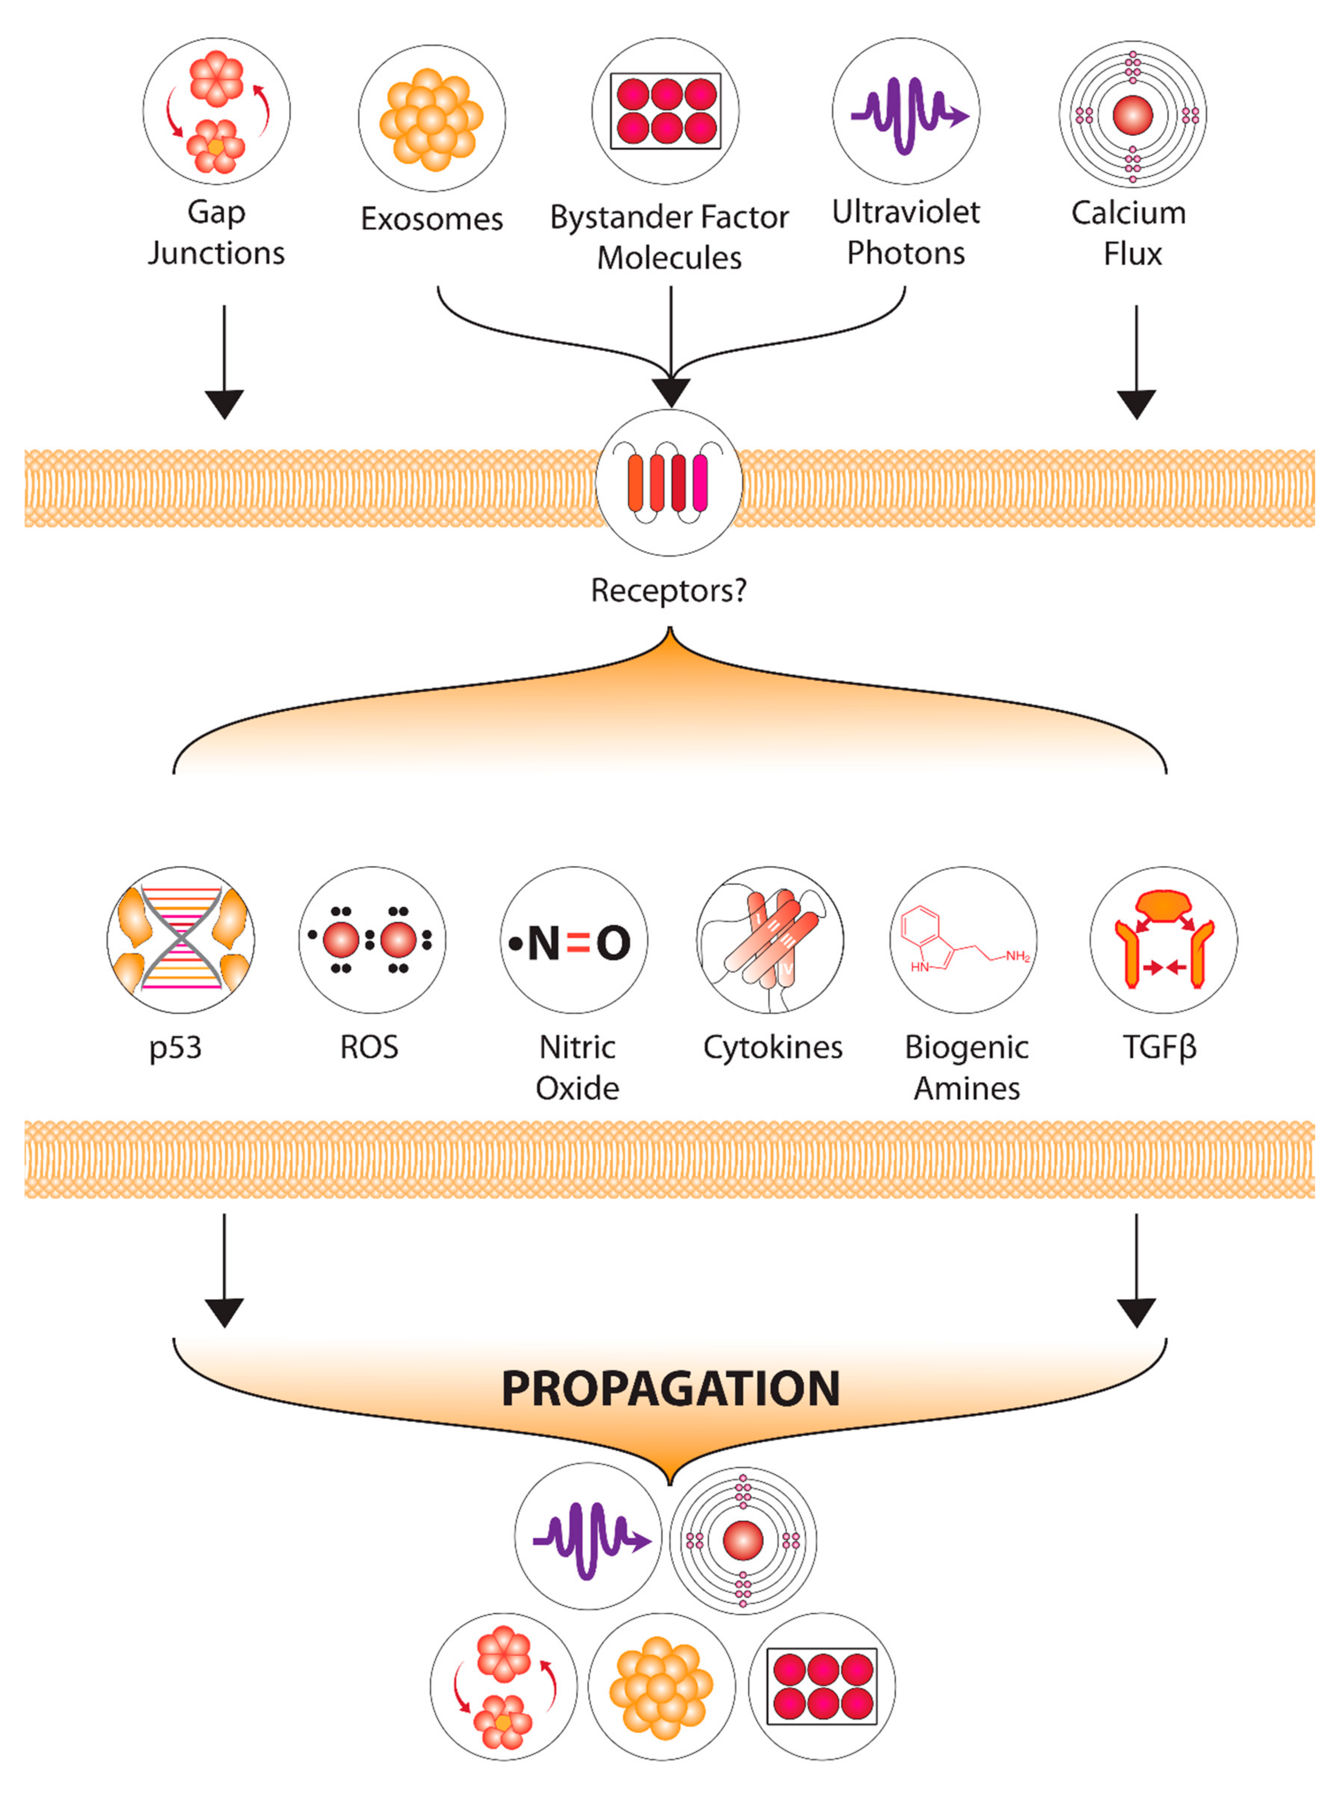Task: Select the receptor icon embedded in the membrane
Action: tap(668, 483)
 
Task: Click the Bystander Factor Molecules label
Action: tap(670, 237)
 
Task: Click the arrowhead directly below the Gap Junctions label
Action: tap(224, 404)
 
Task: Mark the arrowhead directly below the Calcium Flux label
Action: tap(1137, 404)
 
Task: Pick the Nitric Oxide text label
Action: tap(577, 1067)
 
